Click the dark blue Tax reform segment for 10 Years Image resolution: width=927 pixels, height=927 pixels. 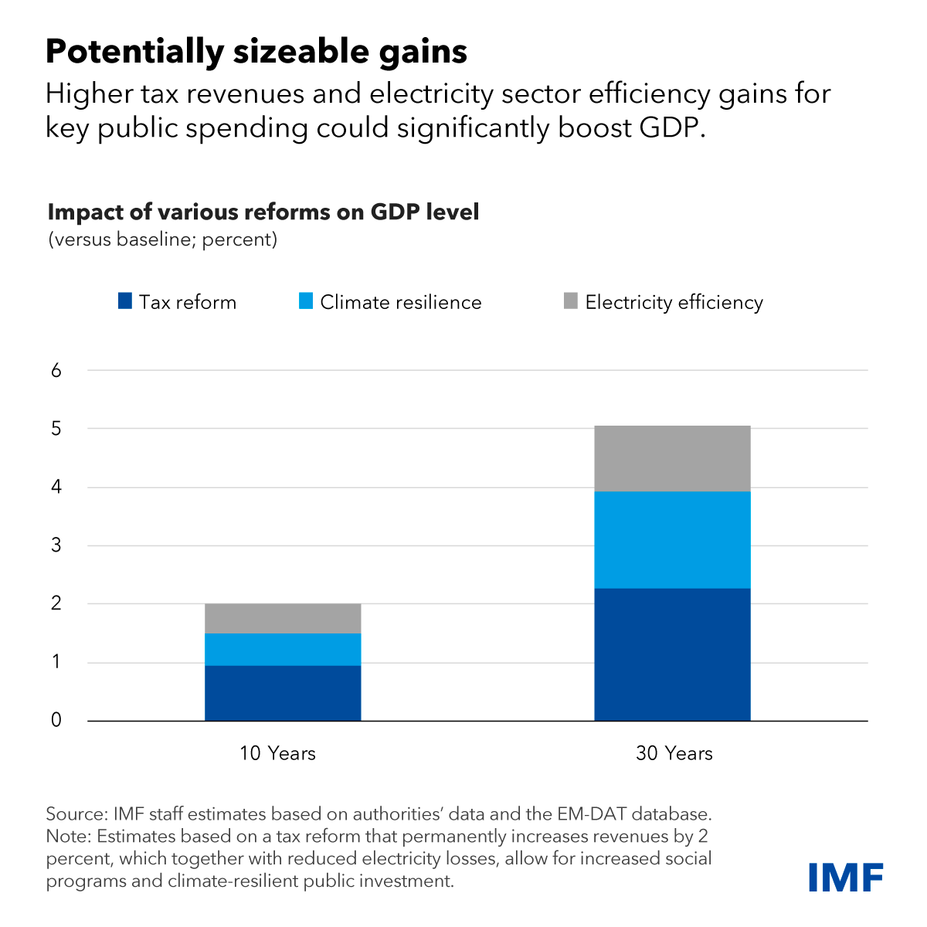click(x=283, y=693)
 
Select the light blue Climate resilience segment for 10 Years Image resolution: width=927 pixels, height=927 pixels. click(x=283, y=649)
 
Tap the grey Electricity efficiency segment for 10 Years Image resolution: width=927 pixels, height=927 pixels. click(x=283, y=618)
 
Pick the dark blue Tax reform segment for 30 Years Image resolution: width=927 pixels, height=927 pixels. click(x=672, y=654)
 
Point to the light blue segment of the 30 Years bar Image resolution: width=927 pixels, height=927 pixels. click(x=672, y=539)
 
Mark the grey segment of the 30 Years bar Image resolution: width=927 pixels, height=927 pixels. click(x=672, y=458)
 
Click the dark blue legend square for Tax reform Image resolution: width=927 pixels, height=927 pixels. click(x=125, y=301)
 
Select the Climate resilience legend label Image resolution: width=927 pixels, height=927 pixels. click(x=400, y=302)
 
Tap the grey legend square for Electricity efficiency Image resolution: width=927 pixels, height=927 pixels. click(x=571, y=301)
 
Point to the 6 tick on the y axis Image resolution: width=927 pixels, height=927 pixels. click(x=56, y=371)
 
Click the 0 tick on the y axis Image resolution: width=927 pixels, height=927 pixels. click(x=56, y=721)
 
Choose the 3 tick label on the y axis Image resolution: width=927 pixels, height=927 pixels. click(x=56, y=546)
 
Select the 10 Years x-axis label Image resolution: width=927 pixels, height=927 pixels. click(x=277, y=753)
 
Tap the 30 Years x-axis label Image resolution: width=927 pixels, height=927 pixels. click(x=674, y=753)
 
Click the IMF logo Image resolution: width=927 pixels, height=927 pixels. click(x=846, y=877)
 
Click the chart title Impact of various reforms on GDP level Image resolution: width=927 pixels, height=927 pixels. click(x=263, y=212)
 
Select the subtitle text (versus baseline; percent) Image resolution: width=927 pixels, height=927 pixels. click(x=162, y=239)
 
